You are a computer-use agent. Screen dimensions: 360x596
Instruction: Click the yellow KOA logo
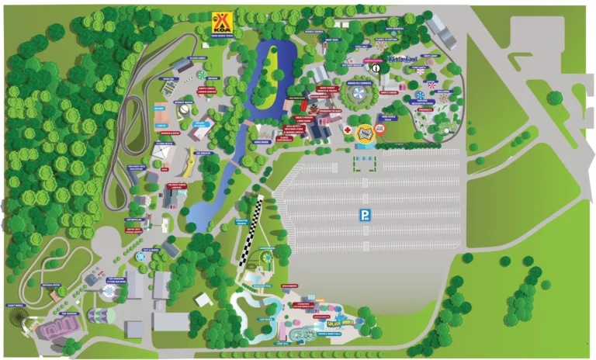coord(223,19)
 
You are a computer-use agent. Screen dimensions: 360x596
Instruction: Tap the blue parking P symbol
coord(363,215)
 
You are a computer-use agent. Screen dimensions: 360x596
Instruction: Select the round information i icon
coord(375,67)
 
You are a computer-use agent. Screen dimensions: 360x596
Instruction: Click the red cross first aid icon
coord(348,130)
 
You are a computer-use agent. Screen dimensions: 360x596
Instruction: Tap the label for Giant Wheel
coord(16,306)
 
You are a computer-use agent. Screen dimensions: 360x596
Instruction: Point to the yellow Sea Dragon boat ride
coord(189,161)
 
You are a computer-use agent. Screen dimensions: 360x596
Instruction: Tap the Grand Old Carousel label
coord(361,82)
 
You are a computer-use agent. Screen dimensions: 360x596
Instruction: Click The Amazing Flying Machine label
coord(116,280)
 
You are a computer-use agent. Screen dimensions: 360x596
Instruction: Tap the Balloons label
coord(443,90)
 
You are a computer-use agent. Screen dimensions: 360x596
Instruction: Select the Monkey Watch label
coord(184,102)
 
